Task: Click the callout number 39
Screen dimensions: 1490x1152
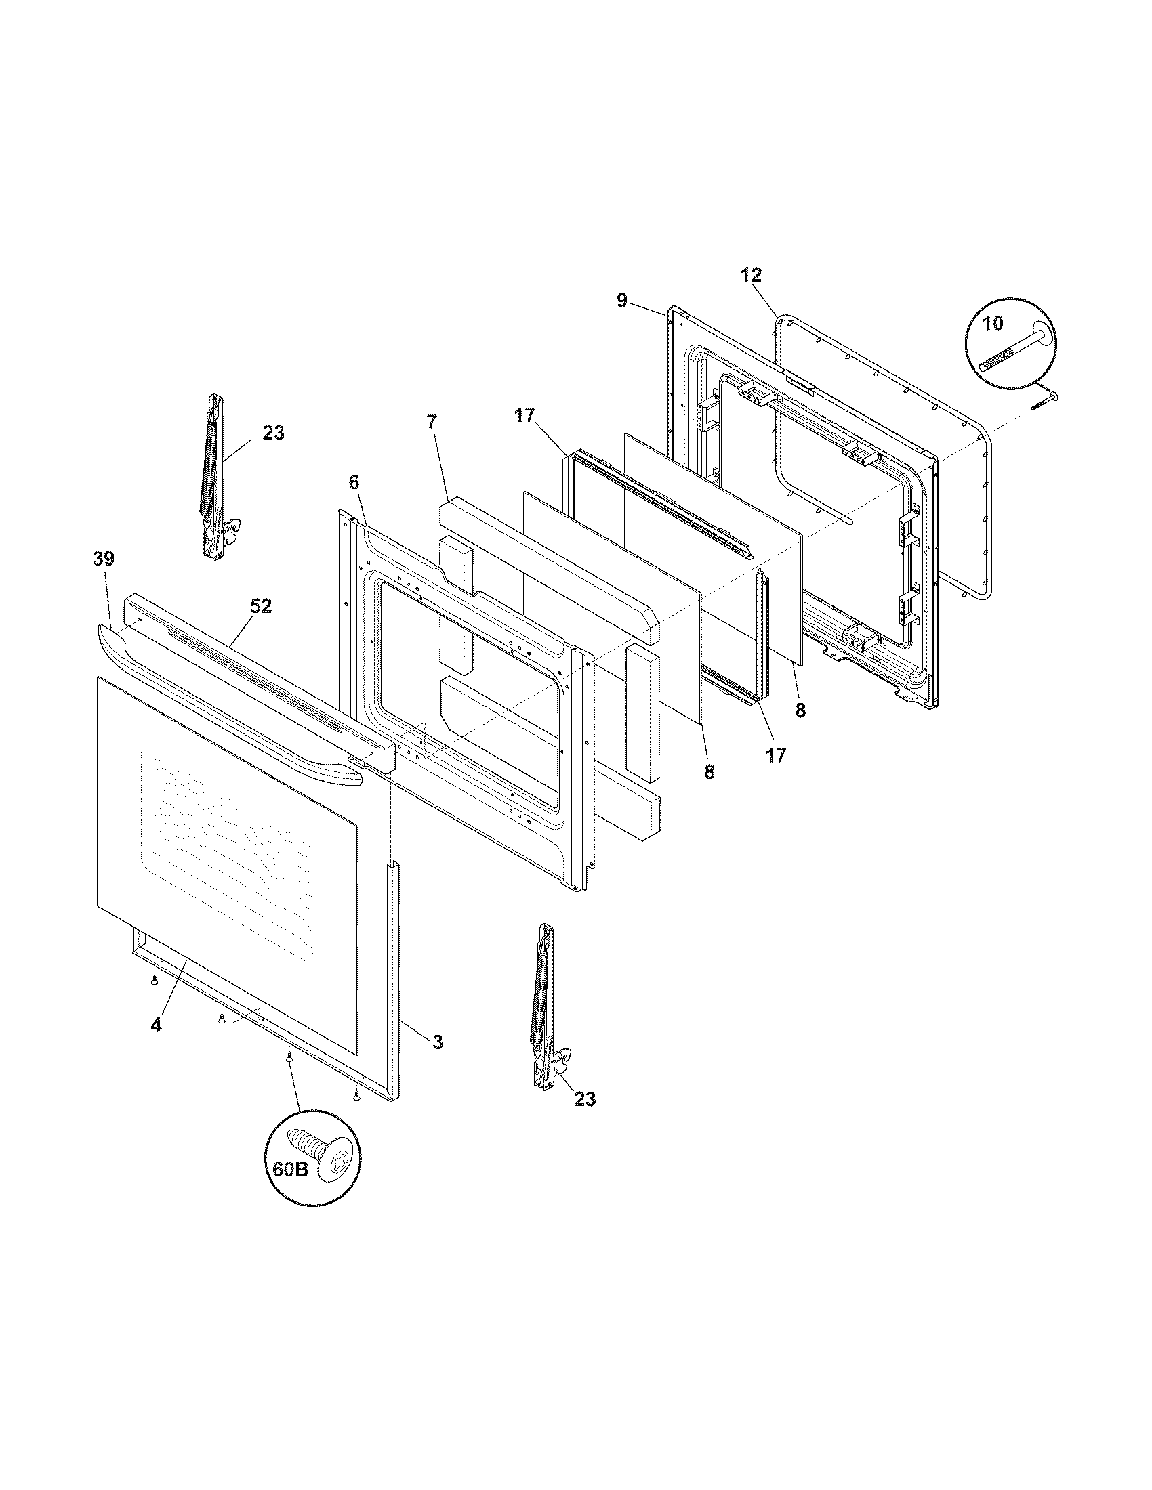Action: click(x=104, y=559)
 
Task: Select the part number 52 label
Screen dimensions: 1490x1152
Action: click(x=260, y=606)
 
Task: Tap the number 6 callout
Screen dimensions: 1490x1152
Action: click(x=353, y=482)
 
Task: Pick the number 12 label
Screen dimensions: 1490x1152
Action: click(x=751, y=275)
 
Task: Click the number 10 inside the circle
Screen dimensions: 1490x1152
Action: click(x=993, y=323)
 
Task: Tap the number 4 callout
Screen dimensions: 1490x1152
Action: click(x=157, y=1025)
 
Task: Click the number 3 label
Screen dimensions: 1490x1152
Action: click(x=438, y=1061)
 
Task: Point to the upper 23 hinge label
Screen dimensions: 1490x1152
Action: click(x=273, y=433)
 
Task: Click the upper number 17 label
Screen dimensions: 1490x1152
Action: click(x=525, y=415)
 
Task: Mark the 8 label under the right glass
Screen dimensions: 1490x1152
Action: click(x=800, y=710)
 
